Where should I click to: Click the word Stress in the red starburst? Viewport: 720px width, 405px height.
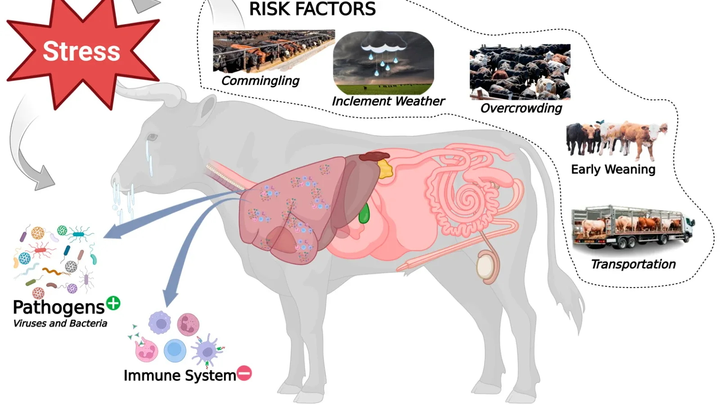(x=81, y=51)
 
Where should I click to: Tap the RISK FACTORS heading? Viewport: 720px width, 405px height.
(x=312, y=9)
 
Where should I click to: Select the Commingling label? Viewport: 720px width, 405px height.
(x=260, y=81)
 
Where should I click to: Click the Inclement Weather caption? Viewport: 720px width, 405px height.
(x=388, y=101)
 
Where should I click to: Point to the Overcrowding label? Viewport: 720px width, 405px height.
(x=521, y=108)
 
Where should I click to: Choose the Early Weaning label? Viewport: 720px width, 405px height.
(x=613, y=169)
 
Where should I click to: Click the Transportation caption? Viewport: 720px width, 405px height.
(x=633, y=264)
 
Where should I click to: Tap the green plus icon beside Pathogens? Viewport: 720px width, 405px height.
(x=113, y=303)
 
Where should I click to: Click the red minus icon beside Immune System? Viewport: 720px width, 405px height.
(x=244, y=373)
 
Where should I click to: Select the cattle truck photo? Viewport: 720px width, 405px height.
(x=632, y=228)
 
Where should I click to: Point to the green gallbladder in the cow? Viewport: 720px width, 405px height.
(x=364, y=213)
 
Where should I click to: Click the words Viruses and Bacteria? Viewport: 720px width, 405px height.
(x=60, y=323)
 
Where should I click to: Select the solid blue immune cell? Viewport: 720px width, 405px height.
(x=175, y=350)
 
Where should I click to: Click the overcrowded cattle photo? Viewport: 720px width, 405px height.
(x=520, y=72)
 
